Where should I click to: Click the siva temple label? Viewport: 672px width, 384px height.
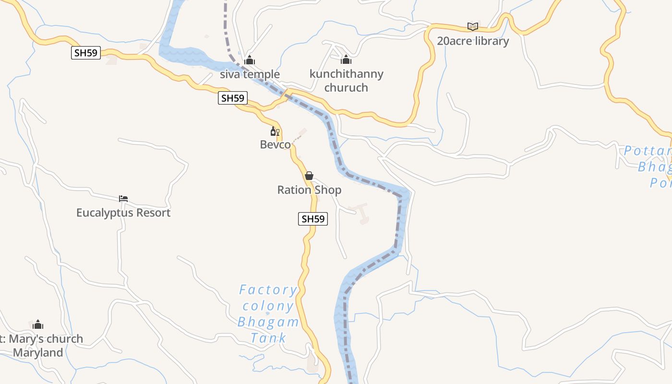pyautogui.click(x=250, y=74)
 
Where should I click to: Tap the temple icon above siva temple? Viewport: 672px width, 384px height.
pyautogui.click(x=249, y=60)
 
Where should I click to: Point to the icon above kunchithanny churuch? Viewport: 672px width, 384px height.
pyautogui.click(x=346, y=60)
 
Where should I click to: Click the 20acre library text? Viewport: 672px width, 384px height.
pyautogui.click(x=472, y=41)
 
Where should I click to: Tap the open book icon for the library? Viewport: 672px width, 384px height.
pyautogui.click(x=473, y=27)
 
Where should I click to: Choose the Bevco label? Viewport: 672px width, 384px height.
pyautogui.click(x=275, y=144)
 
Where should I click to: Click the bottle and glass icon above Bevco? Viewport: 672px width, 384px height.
pyautogui.click(x=275, y=131)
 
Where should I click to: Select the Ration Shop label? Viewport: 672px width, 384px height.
pyautogui.click(x=309, y=190)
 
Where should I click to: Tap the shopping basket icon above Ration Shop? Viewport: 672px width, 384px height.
pyautogui.click(x=309, y=176)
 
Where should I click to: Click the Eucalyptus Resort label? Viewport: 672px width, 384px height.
pyautogui.click(x=123, y=213)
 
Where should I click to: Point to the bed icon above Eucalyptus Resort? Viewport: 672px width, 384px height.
pyautogui.click(x=123, y=198)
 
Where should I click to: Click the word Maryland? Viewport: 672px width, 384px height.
pyautogui.click(x=38, y=353)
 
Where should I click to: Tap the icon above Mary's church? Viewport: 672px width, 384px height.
pyautogui.click(x=38, y=325)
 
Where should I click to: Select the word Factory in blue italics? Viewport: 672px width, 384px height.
pyautogui.click(x=268, y=290)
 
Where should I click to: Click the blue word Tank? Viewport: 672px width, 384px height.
pyautogui.click(x=268, y=338)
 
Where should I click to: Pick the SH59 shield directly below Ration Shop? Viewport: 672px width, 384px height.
pyautogui.click(x=313, y=219)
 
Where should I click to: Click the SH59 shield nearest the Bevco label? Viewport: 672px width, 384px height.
pyautogui.click(x=232, y=98)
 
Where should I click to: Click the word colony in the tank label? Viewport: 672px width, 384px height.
pyautogui.click(x=268, y=306)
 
